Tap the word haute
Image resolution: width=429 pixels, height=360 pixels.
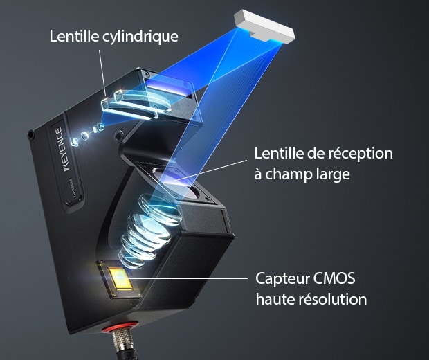coord(274,300)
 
